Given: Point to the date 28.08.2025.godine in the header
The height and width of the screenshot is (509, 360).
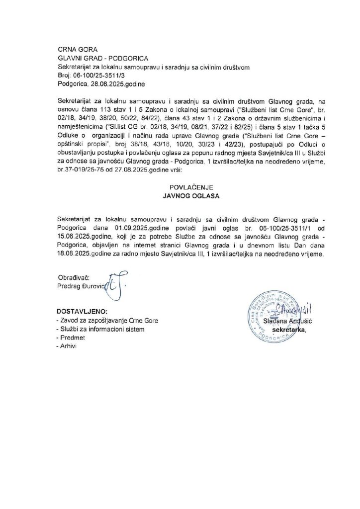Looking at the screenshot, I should click(118, 85).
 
